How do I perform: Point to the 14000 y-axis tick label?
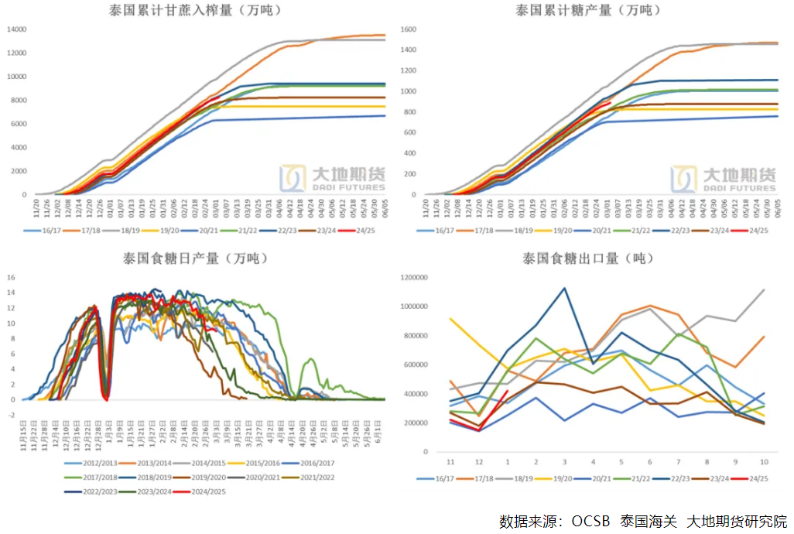point(16,29)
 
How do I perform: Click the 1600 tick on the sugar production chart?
point(408,29)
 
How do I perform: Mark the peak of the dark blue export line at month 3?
point(563,288)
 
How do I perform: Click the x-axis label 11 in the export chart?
point(450,461)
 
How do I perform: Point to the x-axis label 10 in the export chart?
point(764,461)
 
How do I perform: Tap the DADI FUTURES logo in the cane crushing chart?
point(333,177)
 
